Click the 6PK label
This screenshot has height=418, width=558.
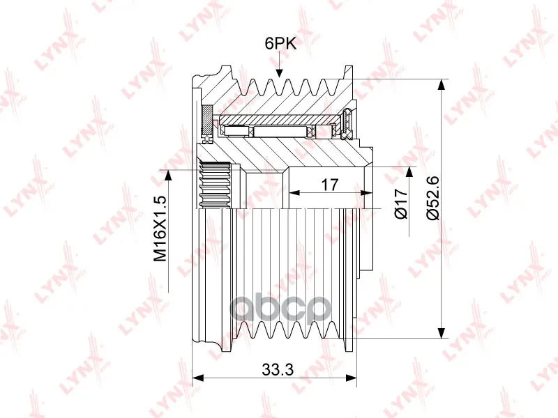tap(280, 43)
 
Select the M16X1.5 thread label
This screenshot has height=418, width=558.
tap(160, 229)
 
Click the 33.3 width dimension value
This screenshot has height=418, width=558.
tap(278, 370)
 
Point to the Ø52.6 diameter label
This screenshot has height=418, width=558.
tap(434, 198)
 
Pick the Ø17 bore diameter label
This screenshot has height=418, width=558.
tap(401, 203)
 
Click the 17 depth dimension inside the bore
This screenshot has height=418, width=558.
tap(329, 185)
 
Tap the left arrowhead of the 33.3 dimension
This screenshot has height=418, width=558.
tap(197, 377)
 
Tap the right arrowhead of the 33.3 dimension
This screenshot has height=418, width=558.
tap(351, 377)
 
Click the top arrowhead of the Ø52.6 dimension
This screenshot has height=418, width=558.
tap(441, 84)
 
